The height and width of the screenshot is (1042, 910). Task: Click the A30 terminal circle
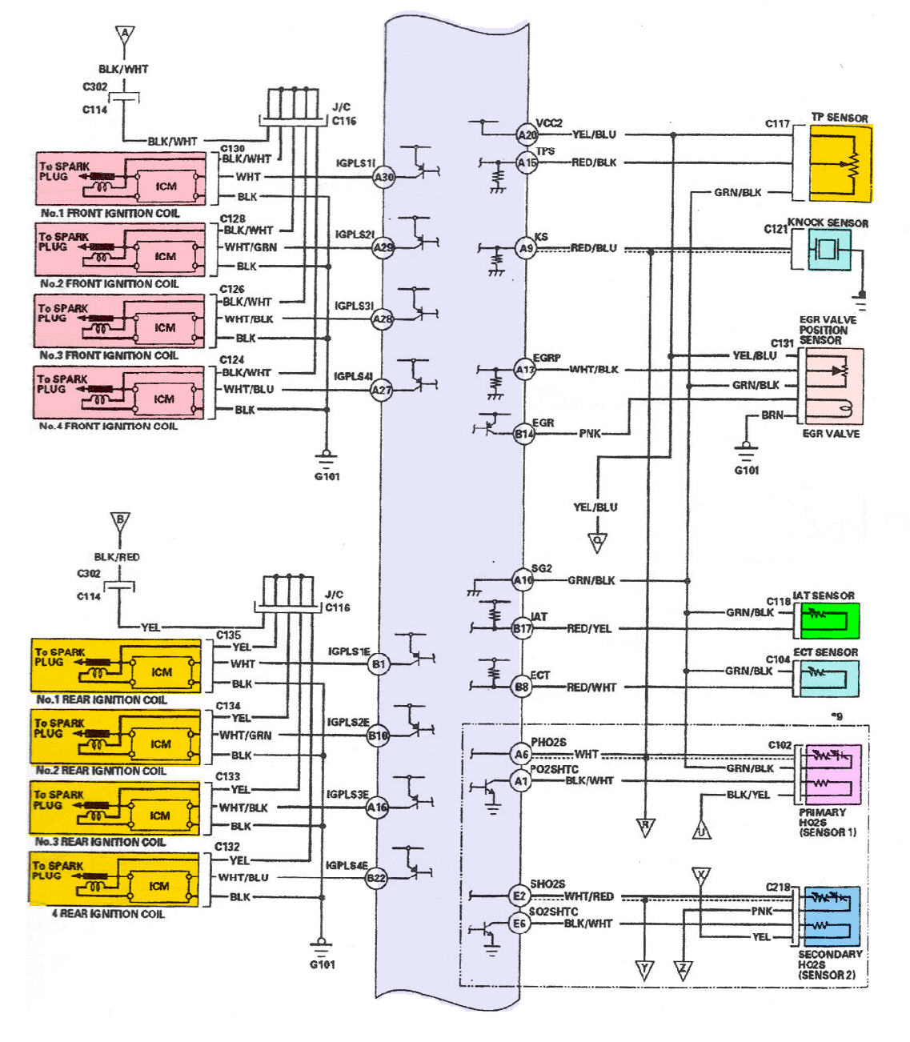coord(384,177)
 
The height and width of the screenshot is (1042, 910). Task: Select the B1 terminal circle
coord(379,663)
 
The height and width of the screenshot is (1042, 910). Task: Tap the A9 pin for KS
coord(525,248)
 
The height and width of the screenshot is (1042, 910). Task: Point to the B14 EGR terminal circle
coord(523,434)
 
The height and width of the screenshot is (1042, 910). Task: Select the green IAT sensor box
coord(830,619)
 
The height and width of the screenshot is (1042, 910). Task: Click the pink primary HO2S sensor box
coord(833,774)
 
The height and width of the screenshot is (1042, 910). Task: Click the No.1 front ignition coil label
coord(110,214)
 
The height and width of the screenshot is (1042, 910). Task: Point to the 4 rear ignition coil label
coord(108,914)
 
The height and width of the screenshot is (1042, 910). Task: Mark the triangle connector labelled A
coord(124,35)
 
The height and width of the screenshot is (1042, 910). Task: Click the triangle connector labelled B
coord(120,521)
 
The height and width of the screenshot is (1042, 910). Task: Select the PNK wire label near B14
coord(590,434)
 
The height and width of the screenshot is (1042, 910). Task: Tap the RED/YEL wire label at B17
coord(589,629)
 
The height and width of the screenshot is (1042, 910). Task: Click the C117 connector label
coord(777,124)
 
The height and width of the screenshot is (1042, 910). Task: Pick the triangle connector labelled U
coord(702,830)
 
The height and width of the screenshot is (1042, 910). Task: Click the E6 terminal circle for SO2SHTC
coord(519,924)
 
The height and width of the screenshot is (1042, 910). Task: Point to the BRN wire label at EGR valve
coord(772,415)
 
